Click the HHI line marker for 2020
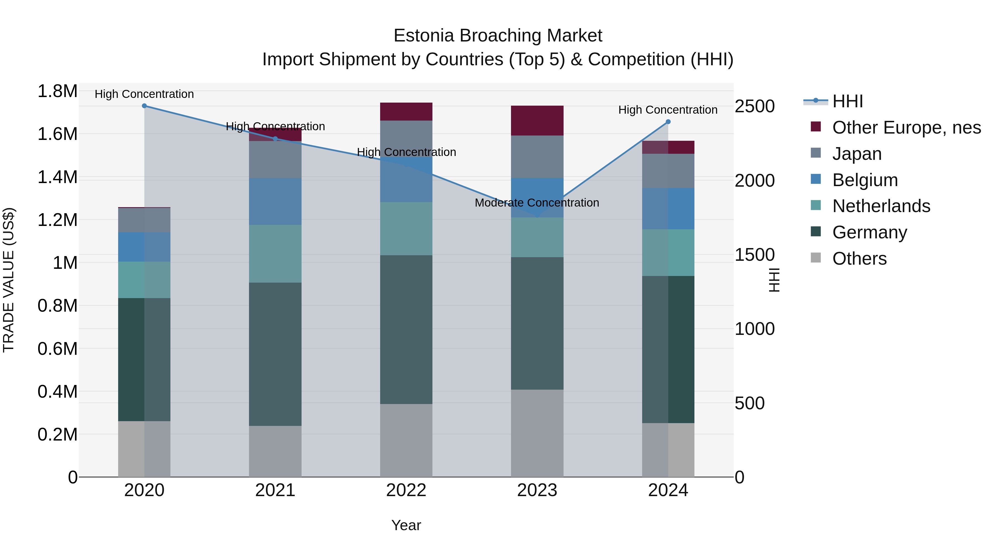click(144, 106)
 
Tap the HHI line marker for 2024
click(668, 122)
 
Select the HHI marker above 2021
click(275, 139)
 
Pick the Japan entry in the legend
click(857, 154)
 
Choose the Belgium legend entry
click(865, 180)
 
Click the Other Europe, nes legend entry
click(906, 127)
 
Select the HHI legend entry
click(847, 101)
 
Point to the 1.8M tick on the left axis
click(57, 92)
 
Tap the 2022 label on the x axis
click(406, 490)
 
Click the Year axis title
click(406, 525)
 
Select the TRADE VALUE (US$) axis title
click(9, 280)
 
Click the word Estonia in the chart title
click(423, 36)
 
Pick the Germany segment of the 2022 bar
click(406, 329)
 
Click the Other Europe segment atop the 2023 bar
click(537, 121)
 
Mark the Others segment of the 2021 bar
click(275, 451)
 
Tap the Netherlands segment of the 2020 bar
click(144, 280)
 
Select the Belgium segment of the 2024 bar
click(668, 209)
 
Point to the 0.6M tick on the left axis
click(57, 349)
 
